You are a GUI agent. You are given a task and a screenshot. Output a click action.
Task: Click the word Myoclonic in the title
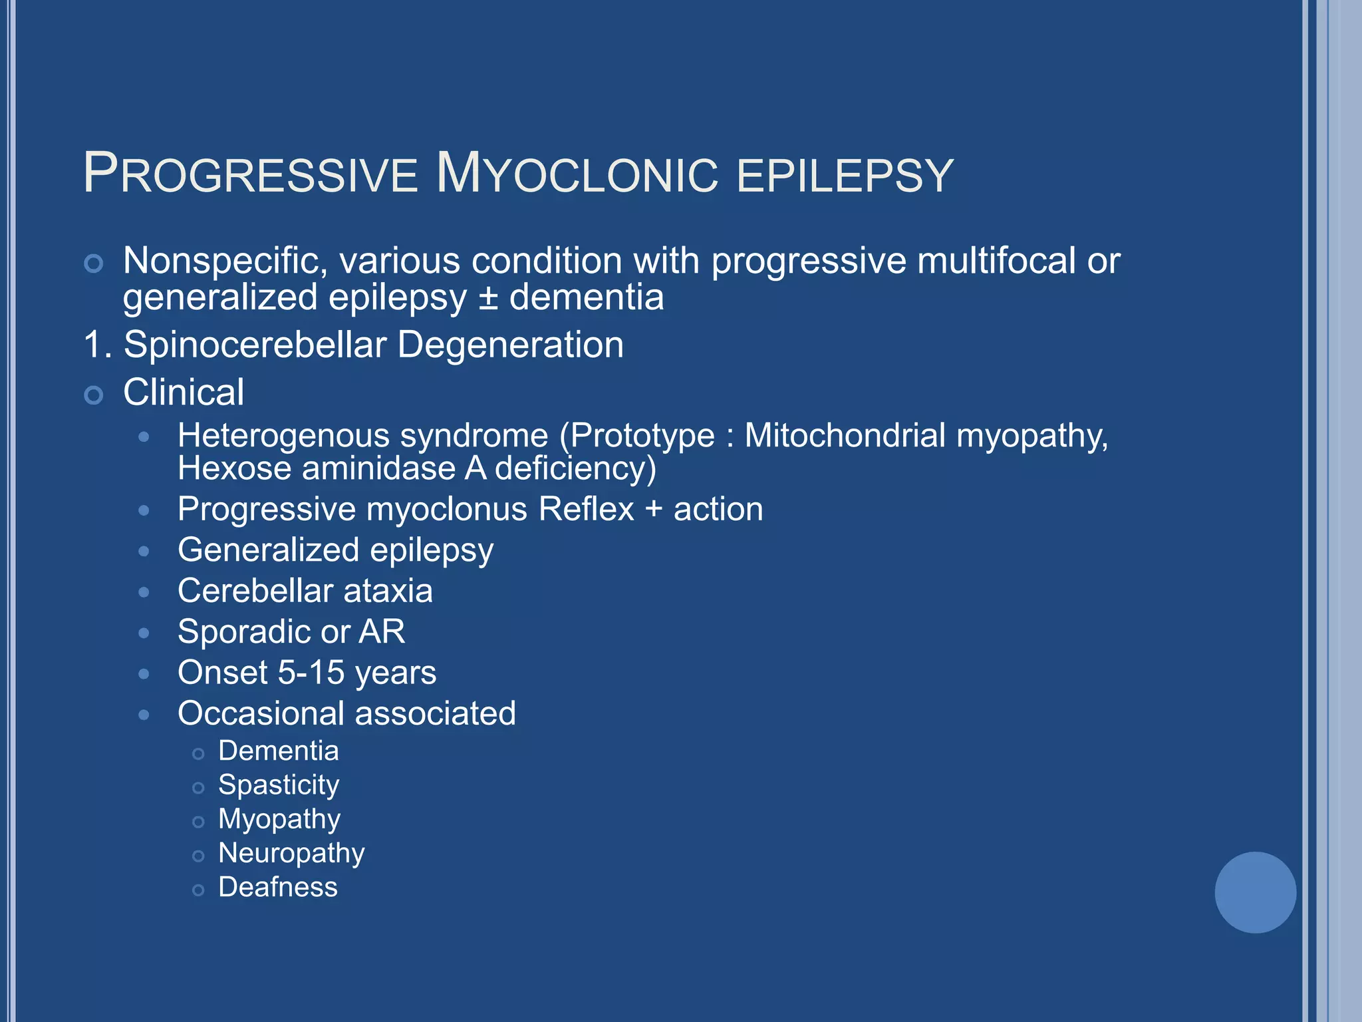pyautogui.click(x=577, y=174)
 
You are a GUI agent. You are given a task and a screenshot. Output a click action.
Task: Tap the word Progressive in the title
pyautogui.click(x=251, y=174)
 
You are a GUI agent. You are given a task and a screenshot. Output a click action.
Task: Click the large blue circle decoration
pyautogui.click(x=1255, y=892)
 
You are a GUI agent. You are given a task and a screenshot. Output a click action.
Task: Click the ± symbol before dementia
pyautogui.click(x=488, y=297)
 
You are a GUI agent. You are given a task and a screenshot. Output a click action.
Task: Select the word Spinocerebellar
pyautogui.click(x=255, y=345)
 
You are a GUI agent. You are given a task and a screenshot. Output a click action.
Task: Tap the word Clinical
pyautogui.click(x=184, y=392)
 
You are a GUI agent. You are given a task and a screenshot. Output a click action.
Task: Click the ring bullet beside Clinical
pyautogui.click(x=94, y=395)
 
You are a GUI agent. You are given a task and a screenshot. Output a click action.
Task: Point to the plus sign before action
pyautogui.click(x=654, y=510)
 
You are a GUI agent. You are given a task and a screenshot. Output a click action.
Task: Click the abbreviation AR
pyautogui.click(x=382, y=631)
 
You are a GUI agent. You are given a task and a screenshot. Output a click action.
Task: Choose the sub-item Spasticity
pyautogui.click(x=279, y=785)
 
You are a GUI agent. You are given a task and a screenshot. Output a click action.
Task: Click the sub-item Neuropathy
pyautogui.click(x=291, y=854)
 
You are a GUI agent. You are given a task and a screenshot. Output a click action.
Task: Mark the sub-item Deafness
pyautogui.click(x=278, y=888)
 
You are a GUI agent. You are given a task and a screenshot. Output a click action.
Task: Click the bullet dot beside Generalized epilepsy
pyautogui.click(x=144, y=552)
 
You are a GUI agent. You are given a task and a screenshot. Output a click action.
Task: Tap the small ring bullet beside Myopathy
pyautogui.click(x=198, y=822)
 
